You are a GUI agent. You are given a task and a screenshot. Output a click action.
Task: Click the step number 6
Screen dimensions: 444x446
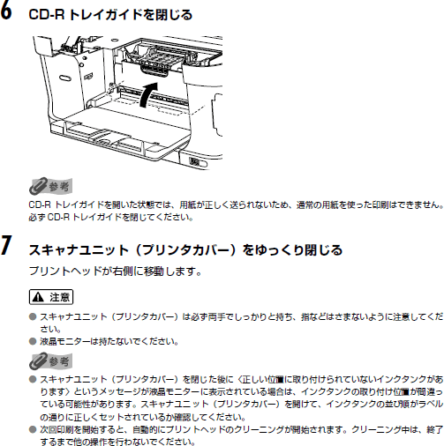tap(6, 11)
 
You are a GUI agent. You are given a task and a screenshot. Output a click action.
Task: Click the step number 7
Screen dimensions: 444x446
tap(6, 245)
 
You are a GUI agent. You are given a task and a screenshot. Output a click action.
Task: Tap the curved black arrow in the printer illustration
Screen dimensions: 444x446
tap(147, 94)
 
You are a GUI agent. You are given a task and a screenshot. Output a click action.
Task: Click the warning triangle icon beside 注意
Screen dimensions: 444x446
tap(38, 297)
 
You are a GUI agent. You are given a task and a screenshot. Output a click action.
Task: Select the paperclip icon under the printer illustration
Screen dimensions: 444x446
tap(38, 186)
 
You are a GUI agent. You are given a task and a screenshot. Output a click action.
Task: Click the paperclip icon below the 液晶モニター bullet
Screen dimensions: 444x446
tap(38, 361)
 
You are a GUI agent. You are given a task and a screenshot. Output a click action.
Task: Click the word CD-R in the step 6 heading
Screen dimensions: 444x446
tap(47, 15)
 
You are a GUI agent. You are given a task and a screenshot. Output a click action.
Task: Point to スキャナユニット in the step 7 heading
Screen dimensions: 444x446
tap(79, 250)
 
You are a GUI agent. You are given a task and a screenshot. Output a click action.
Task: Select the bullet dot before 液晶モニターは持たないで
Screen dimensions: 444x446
tap(33, 341)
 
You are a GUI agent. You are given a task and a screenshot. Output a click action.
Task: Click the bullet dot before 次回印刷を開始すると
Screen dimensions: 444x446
tap(33, 430)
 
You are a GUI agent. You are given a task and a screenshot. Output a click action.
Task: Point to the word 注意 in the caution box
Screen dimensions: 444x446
tap(60, 297)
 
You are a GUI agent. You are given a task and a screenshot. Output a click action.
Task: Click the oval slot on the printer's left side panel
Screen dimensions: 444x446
tap(65, 78)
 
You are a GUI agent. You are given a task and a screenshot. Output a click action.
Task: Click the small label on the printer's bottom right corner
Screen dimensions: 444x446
tap(194, 162)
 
